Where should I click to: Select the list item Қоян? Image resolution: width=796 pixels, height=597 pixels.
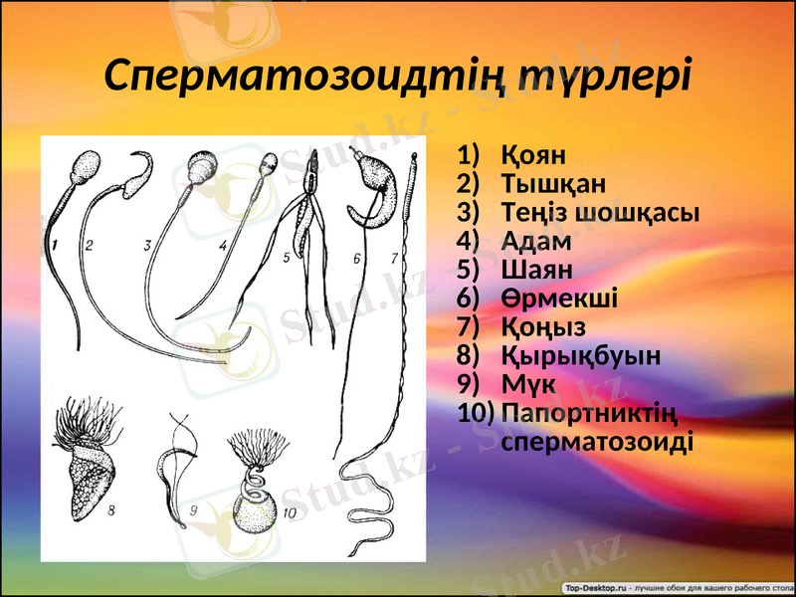533,155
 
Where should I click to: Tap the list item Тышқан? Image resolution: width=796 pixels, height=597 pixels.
553,184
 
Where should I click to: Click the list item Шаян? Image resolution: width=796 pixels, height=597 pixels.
537,270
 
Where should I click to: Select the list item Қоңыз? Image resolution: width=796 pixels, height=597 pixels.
543,326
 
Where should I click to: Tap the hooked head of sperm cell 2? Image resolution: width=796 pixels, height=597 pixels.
138,171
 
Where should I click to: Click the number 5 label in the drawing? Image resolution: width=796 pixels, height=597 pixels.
286,257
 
